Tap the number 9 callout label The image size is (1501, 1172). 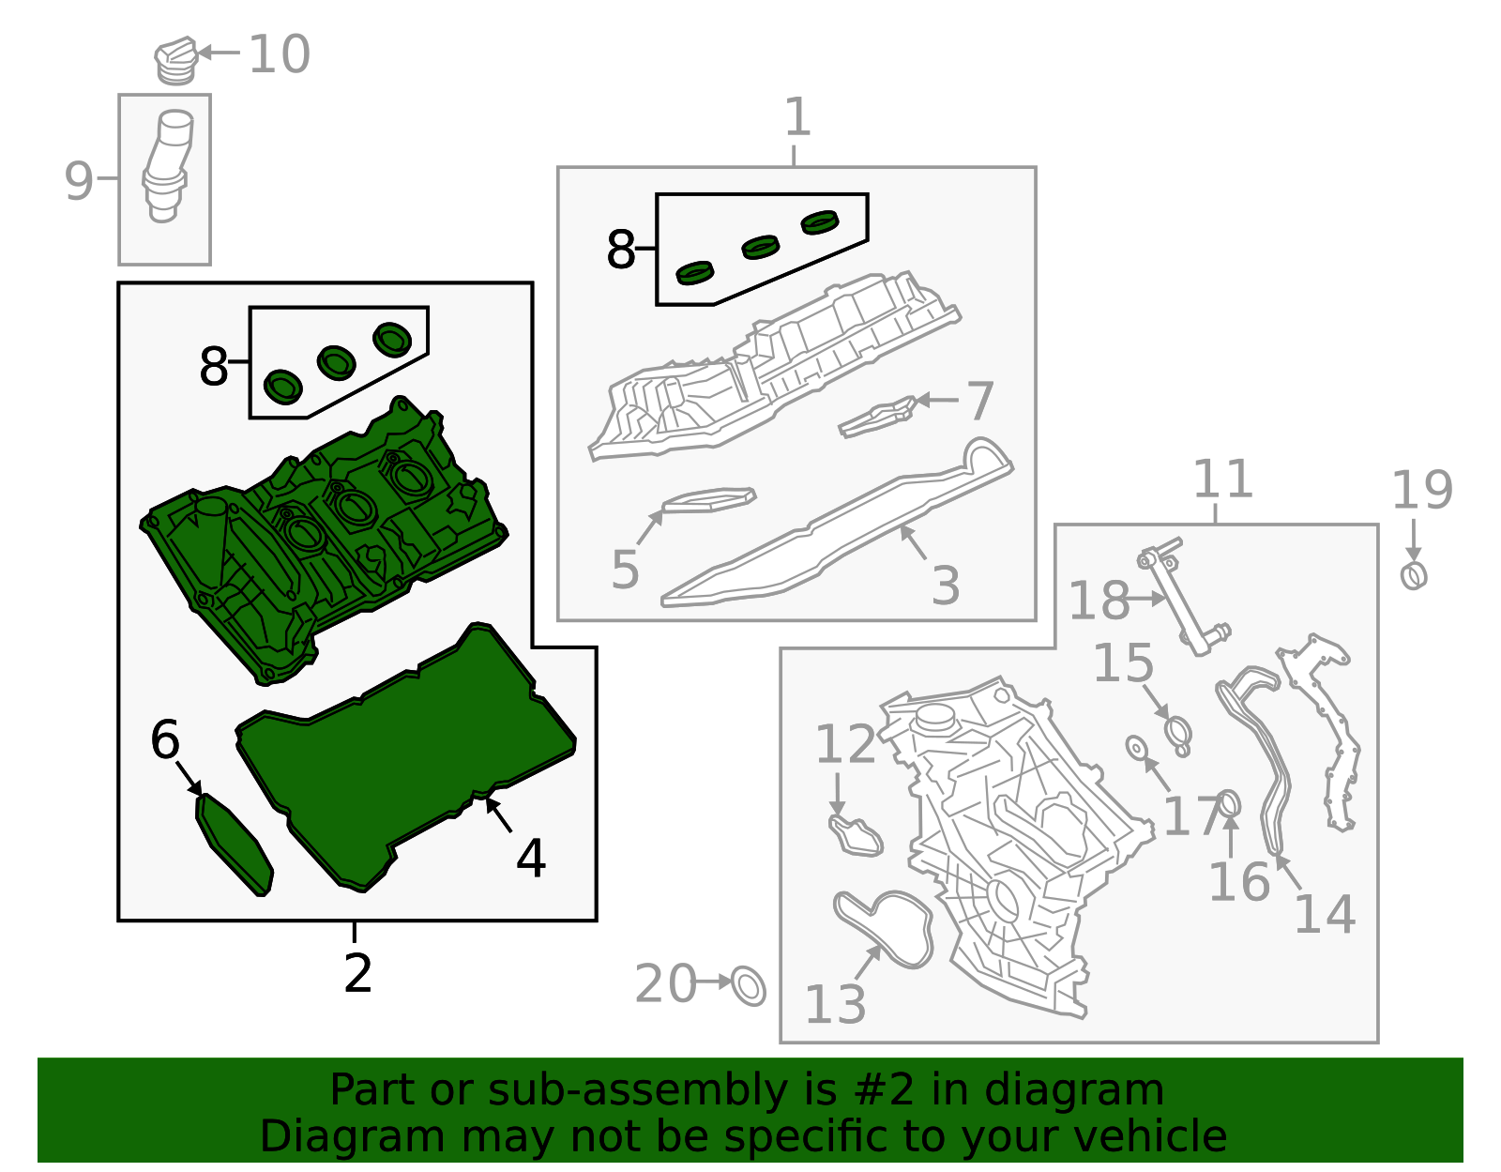pos(79,181)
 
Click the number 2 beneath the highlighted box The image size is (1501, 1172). pos(357,974)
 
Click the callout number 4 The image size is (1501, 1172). pos(531,859)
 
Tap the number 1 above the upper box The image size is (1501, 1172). pos(796,117)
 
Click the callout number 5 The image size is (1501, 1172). pos(625,570)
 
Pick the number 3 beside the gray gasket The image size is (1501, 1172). pos(946,586)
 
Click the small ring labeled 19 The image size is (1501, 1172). pos(1414,574)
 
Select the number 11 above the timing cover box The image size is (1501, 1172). pos(1222,479)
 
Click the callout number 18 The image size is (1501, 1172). pos(1099,601)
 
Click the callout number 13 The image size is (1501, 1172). pos(835,1005)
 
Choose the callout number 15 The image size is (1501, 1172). pos(1123,663)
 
